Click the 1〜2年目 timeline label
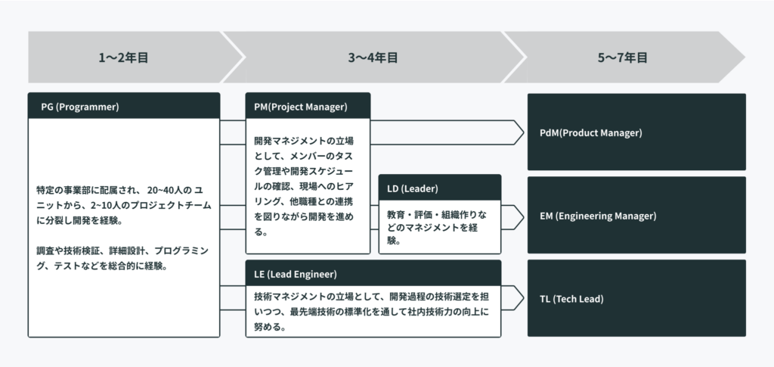pyautogui.click(x=123, y=58)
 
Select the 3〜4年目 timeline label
pyautogui.click(x=373, y=58)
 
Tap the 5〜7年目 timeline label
pyautogui.click(x=623, y=58)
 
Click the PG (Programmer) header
pyautogui.click(x=80, y=107)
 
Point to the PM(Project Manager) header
pyautogui.click(x=301, y=107)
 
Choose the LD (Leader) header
pyautogui.click(x=412, y=188)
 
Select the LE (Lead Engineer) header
pyautogui.click(x=296, y=274)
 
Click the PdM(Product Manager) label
pyautogui.click(x=591, y=133)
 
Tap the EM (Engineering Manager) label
pyautogui.click(x=598, y=216)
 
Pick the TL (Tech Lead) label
pyautogui.click(x=571, y=299)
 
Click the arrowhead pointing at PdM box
pyautogui.click(x=519, y=132)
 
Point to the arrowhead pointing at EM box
pyautogui.click(x=519, y=217)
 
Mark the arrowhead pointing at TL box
pyautogui.click(x=519, y=298)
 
